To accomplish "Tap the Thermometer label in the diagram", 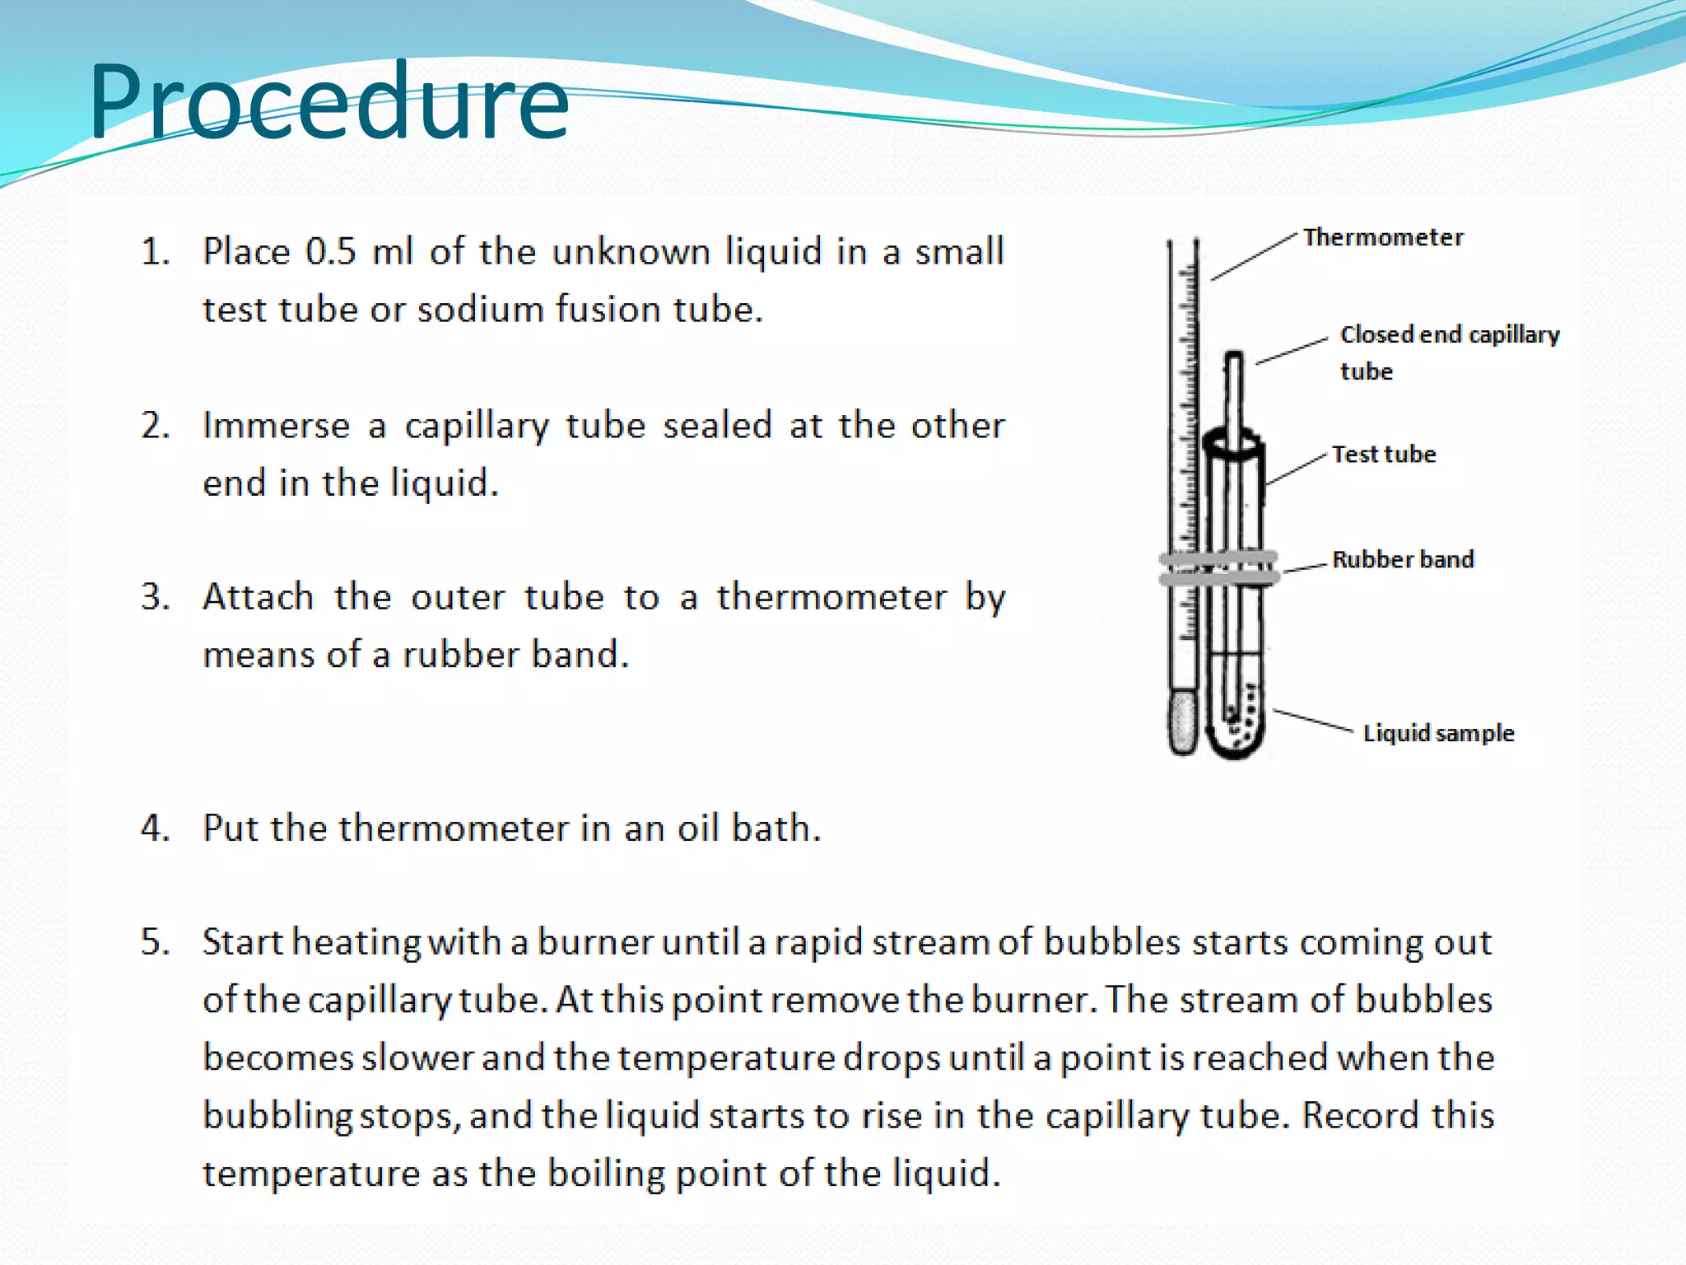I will tap(1383, 237).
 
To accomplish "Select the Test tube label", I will tap(1384, 454).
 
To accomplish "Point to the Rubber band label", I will tap(1403, 559).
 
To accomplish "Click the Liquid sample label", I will tap(1438, 733).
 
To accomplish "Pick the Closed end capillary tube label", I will tap(1449, 352).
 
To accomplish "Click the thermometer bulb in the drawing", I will tap(1182, 721).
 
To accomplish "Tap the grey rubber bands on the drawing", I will tap(1218, 568).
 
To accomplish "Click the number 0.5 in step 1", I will tap(330, 251).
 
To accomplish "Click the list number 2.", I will tap(155, 426).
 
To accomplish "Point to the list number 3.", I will tap(155, 596).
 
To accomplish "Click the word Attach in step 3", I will tap(258, 596).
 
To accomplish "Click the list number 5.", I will tap(155, 941).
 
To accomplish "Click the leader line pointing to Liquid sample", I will tap(1313, 720).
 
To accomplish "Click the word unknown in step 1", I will tap(631, 251).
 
